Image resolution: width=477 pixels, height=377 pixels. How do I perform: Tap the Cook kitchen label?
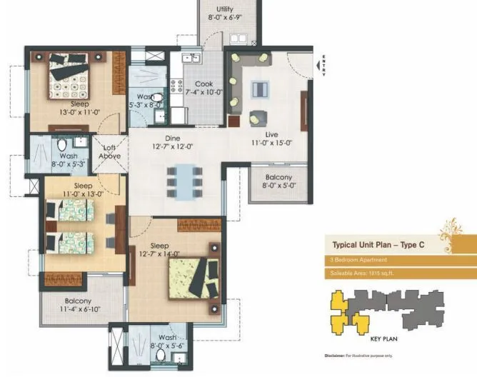click(204, 84)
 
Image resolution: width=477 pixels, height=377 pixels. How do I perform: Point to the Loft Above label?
click(110, 151)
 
